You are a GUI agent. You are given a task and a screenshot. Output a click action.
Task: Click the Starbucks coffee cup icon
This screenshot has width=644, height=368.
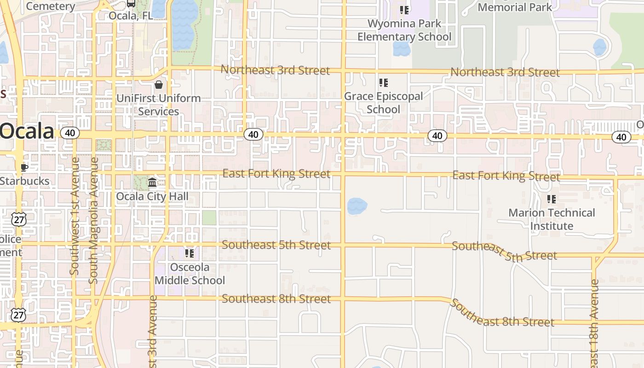pos(24,167)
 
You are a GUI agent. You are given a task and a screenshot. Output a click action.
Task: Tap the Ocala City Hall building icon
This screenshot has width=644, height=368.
pos(152,183)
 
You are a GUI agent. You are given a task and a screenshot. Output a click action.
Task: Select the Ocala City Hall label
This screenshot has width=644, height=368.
pos(152,196)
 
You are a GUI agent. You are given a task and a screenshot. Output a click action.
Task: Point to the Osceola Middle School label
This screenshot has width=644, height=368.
pos(190,274)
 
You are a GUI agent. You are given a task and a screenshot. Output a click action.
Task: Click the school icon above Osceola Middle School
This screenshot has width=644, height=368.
pos(190,253)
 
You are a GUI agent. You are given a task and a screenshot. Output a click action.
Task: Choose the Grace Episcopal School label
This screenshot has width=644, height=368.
pos(384,103)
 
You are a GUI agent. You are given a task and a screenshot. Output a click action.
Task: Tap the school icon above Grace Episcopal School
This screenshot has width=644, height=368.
pos(384,83)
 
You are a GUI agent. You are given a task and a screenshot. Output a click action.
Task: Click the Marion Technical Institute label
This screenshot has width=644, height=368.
pos(552,219)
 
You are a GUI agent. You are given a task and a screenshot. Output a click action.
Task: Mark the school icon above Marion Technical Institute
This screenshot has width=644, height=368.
pos(551,199)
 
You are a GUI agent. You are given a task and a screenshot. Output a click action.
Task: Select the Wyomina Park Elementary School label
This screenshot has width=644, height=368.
pos(405,30)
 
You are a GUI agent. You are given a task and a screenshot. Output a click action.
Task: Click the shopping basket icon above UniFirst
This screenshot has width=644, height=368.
pos(159,85)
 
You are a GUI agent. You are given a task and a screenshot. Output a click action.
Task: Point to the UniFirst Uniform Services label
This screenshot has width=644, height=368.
pos(159,105)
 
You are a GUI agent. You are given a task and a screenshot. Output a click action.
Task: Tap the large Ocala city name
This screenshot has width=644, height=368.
pos(27,132)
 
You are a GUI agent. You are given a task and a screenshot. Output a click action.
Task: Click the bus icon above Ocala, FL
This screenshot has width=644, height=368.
pos(131,4)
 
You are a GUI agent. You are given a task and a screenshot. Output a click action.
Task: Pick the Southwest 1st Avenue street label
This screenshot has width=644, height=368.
pos(75,216)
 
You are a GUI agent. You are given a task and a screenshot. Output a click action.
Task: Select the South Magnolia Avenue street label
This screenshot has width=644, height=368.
pos(93,221)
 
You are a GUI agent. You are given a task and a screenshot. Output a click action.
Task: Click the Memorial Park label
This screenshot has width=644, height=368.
pos(515,7)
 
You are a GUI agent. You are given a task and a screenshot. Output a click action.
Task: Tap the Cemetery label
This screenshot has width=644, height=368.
pos(51,6)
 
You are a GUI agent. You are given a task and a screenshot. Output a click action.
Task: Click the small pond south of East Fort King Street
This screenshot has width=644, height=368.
pos(357,207)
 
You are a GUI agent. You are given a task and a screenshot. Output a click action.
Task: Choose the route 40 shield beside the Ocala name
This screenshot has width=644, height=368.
pos(70,133)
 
